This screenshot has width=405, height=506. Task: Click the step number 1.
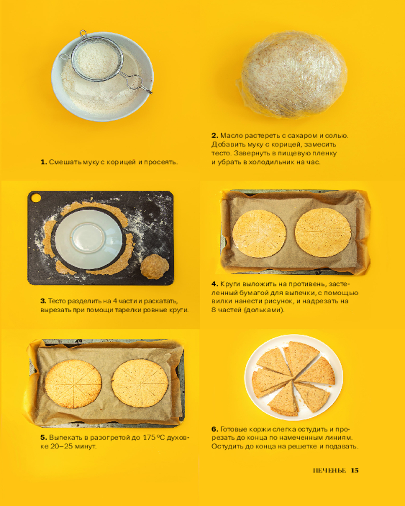pos(44,162)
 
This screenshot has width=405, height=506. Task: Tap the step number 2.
pos(215,136)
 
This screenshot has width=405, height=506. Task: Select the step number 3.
pos(43,301)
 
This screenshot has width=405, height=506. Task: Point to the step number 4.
pos(215,284)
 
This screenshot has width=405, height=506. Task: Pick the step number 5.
pos(44,438)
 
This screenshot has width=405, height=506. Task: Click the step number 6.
pos(215,429)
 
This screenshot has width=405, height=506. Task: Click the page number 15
pos(354,470)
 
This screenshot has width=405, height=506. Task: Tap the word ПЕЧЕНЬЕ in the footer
pos(330,470)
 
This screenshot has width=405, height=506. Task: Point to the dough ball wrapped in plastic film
pos(293,74)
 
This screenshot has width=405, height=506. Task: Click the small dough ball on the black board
pos(155,267)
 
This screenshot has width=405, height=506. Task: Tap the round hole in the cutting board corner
pos(35,197)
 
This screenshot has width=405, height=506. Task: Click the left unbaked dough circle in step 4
pos(259,234)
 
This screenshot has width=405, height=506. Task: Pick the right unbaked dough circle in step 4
pos(323,232)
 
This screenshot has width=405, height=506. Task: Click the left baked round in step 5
pos(73,384)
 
